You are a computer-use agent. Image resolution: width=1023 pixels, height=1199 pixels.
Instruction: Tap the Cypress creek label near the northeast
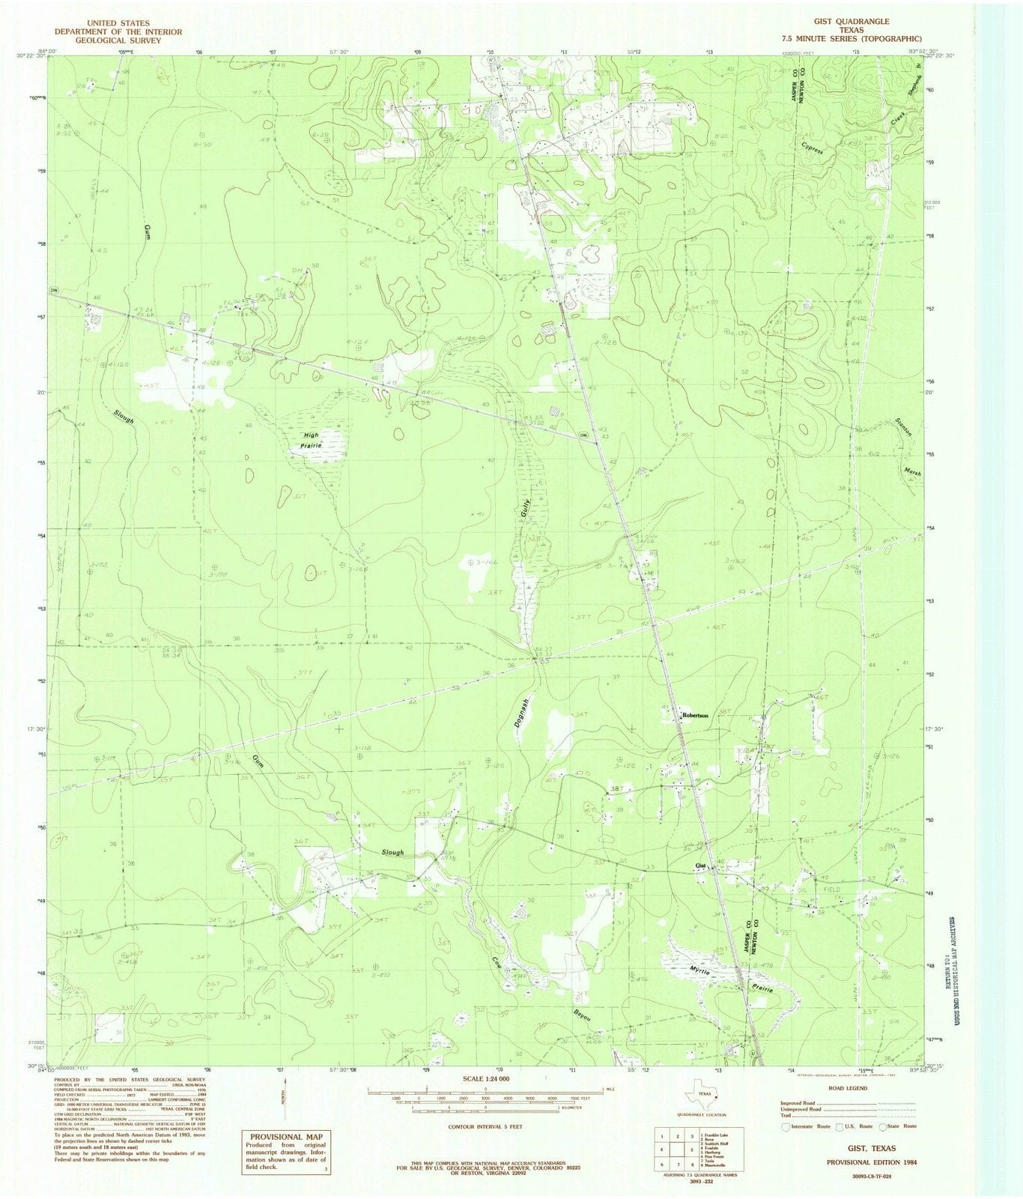tap(812, 148)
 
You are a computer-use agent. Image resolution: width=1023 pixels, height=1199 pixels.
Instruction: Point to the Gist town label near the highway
tap(701, 866)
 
